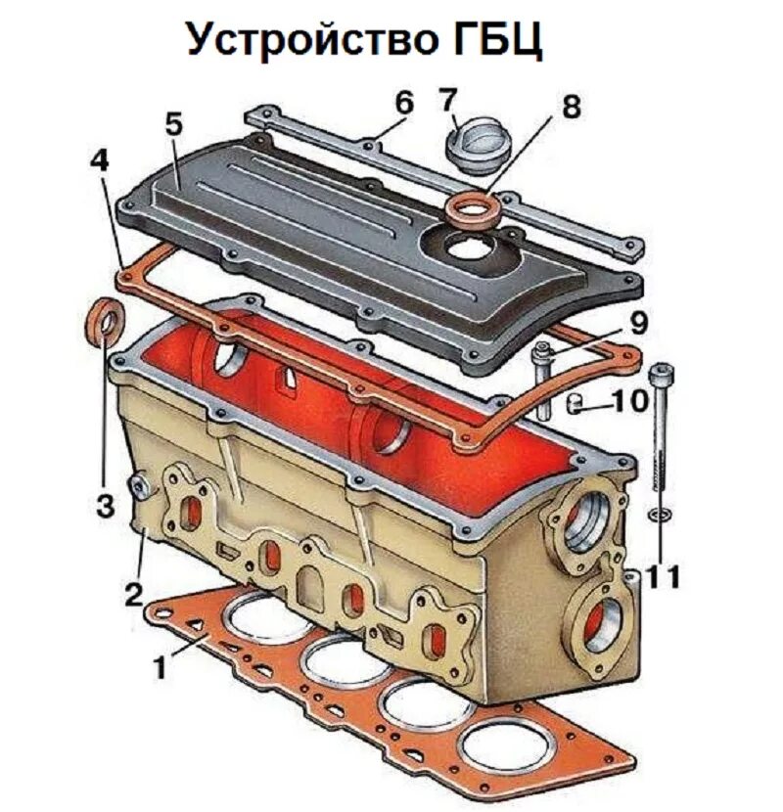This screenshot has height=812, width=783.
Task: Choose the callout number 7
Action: coord(448,101)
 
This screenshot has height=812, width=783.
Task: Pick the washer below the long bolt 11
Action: coord(660,514)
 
